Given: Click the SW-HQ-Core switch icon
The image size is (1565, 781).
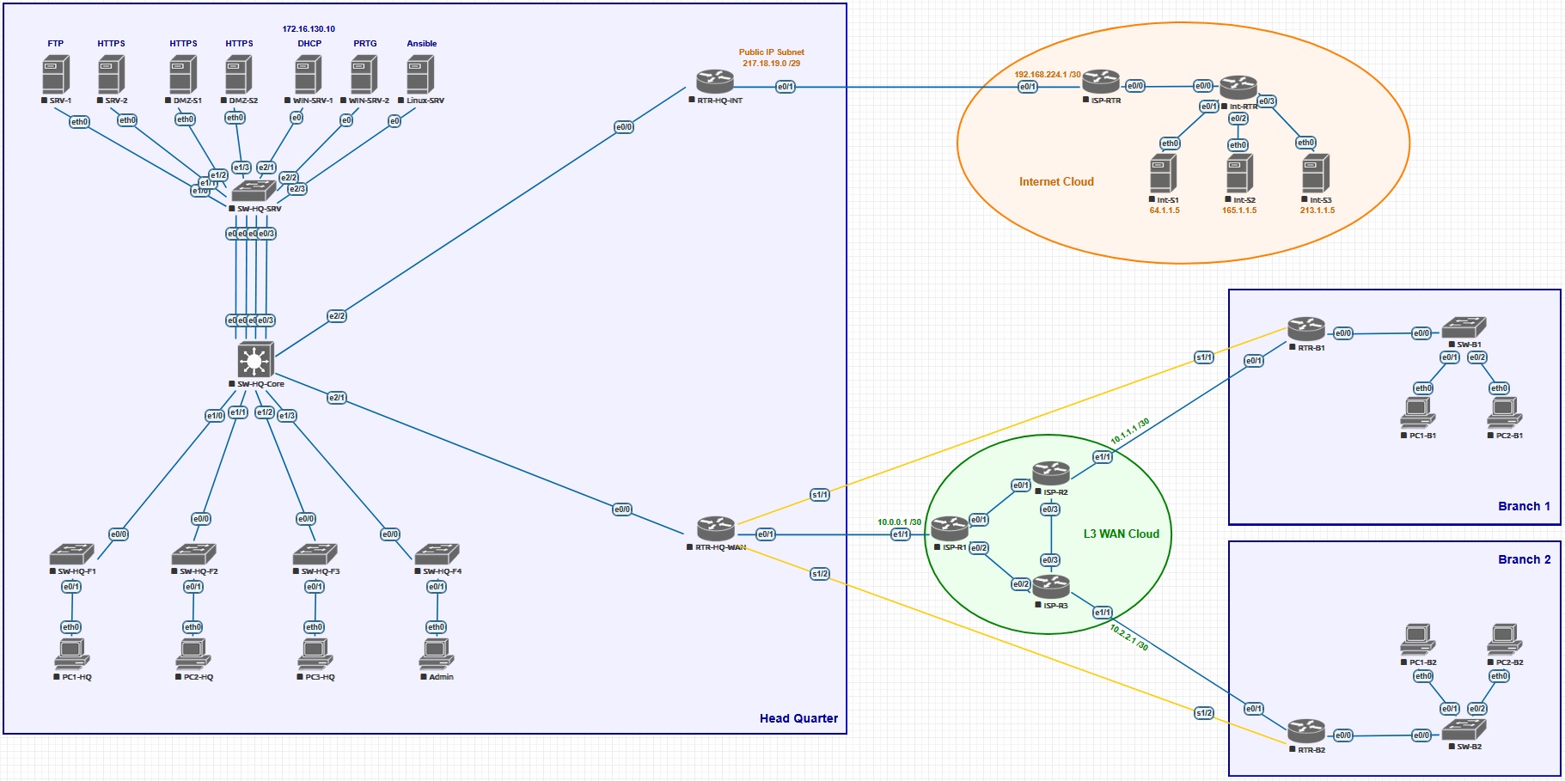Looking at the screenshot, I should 255,360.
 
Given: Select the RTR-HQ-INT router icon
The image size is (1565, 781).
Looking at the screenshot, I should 715,82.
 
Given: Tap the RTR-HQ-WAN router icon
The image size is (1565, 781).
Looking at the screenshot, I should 715,528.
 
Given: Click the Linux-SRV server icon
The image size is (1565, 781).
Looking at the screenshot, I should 420,75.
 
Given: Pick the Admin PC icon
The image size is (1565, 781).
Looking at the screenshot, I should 436,655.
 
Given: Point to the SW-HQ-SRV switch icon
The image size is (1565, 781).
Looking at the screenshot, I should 254,191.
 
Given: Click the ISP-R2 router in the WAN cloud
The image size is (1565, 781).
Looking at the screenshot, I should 1050,473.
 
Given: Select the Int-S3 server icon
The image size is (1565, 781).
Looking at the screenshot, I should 1316,173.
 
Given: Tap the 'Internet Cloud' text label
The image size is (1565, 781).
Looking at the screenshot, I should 1056,182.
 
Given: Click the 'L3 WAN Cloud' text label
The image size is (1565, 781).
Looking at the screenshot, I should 1121,534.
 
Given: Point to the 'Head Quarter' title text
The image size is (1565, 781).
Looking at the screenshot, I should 798,718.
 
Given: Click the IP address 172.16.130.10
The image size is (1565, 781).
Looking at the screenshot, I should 309,29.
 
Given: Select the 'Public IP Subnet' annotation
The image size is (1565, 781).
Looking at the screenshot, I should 771,52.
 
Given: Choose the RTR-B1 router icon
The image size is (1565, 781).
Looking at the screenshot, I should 1305,329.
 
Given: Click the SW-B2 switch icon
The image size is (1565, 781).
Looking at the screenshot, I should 1463,729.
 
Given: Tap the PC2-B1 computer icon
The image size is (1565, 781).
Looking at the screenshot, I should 1504,413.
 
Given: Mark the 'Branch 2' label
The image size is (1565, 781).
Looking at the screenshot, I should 1524,559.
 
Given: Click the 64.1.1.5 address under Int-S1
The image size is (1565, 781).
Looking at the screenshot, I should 1165,211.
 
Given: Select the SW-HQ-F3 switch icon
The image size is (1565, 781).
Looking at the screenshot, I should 315,554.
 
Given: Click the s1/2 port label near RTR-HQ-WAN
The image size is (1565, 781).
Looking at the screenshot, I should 820,574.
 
